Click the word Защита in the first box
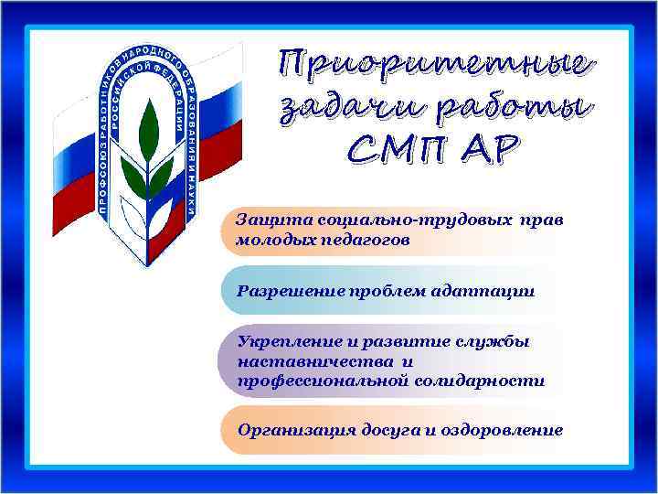coord(265,221)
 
